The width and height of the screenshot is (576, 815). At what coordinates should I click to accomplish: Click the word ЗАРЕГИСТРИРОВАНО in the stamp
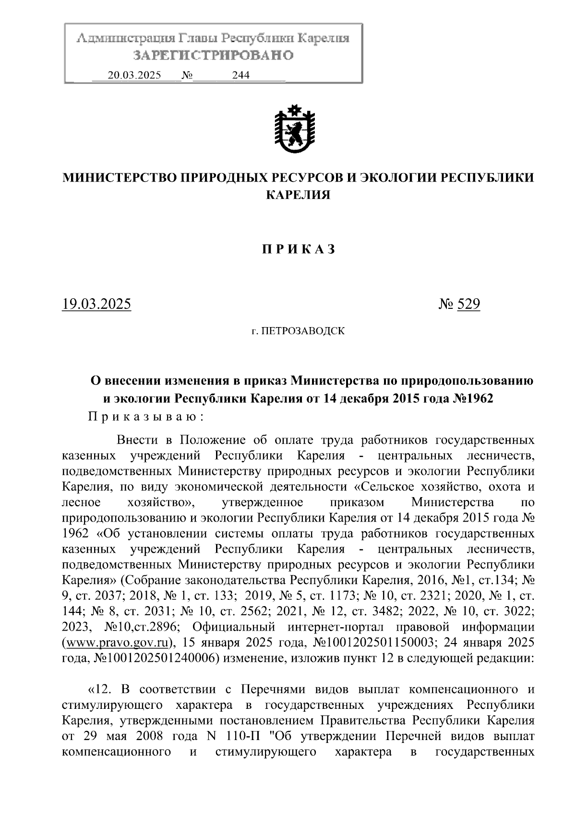coord(213,56)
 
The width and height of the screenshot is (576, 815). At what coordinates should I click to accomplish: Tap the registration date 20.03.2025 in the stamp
coord(134,75)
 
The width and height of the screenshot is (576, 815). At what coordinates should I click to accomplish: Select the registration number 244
coord(241,75)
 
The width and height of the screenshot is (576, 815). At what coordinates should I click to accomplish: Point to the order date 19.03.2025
coord(96,304)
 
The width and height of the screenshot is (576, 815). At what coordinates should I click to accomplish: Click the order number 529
coord(468,304)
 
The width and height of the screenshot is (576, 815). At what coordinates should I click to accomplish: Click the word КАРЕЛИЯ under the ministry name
coord(298,195)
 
